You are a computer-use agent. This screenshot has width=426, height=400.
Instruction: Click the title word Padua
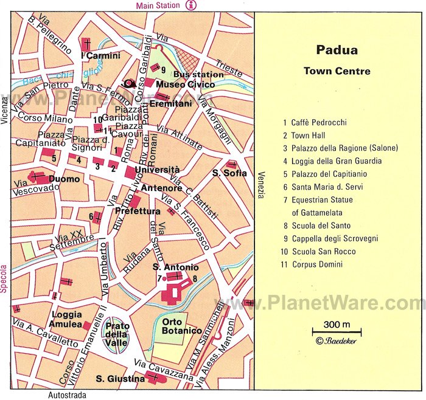(337, 51)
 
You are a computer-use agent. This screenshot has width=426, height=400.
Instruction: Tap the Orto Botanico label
(181, 326)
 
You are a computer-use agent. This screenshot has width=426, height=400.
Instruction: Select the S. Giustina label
(120, 379)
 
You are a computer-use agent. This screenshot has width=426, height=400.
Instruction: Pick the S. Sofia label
(229, 173)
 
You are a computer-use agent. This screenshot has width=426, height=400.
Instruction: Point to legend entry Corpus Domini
(316, 264)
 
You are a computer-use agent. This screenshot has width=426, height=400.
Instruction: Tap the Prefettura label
(138, 211)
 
